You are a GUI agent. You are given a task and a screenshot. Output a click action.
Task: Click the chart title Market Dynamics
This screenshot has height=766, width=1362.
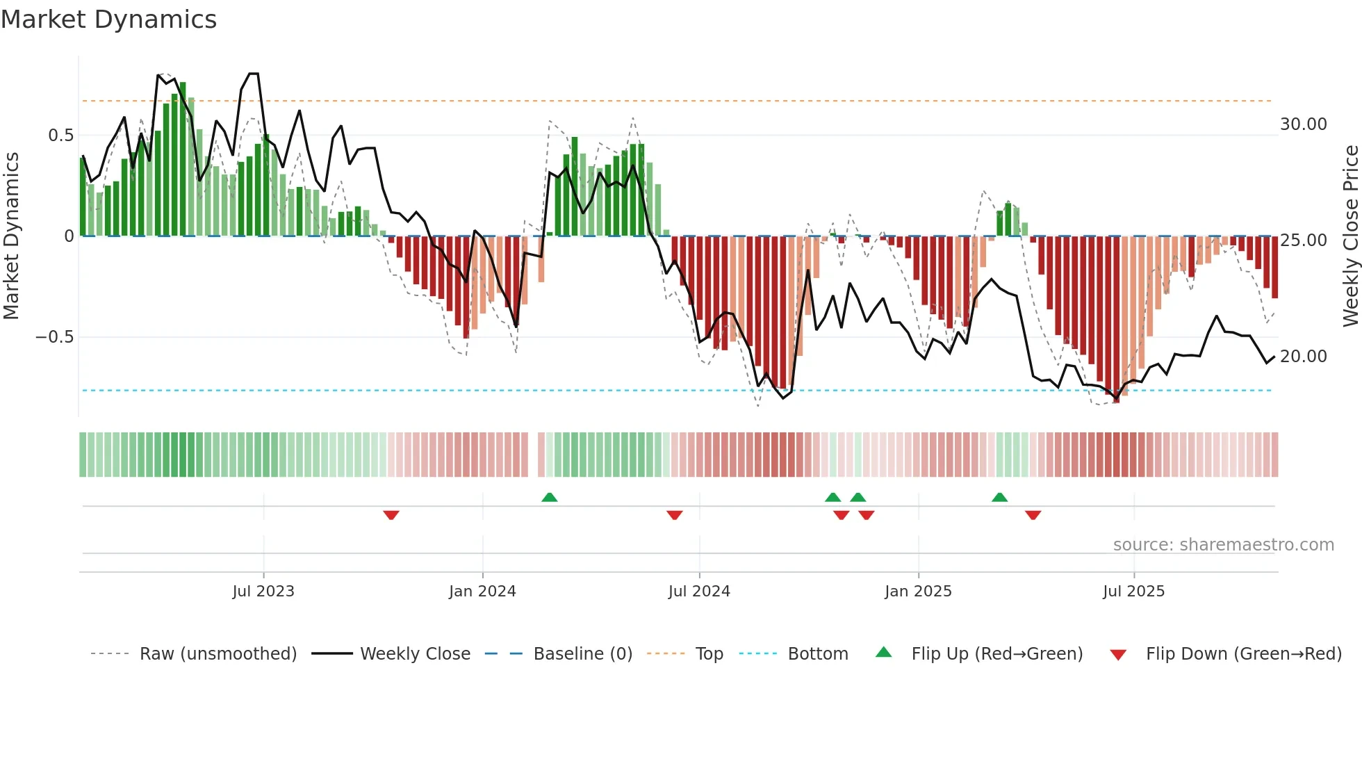pos(108,19)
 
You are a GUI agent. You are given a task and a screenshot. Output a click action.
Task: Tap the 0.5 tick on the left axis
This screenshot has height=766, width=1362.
pos(60,136)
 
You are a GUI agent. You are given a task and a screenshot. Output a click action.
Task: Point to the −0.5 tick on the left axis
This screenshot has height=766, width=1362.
pos(54,337)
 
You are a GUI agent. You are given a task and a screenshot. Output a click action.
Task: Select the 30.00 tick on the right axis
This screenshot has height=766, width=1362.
pos(1303,124)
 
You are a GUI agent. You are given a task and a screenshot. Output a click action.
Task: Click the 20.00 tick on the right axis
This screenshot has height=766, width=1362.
pos(1303,357)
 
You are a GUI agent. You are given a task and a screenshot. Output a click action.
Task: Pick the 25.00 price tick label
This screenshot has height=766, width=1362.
pos(1303,241)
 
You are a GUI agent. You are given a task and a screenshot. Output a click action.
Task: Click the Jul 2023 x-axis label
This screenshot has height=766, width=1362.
pos(263,592)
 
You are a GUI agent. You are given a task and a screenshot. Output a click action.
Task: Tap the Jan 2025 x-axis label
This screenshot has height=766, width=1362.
pos(918,592)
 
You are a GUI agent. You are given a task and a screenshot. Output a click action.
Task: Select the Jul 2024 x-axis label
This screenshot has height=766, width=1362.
pos(699,592)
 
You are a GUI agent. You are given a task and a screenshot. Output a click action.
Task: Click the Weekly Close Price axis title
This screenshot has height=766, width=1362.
pos(1350,236)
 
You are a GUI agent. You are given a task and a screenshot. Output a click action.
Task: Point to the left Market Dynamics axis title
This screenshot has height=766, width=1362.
pos(11,236)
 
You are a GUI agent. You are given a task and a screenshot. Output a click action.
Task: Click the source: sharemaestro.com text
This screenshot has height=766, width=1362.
pos(1223,545)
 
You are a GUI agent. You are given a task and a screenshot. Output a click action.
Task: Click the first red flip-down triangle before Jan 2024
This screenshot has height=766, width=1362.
pos(391,515)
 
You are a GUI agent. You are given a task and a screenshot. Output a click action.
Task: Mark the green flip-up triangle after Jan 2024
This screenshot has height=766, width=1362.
pos(549,497)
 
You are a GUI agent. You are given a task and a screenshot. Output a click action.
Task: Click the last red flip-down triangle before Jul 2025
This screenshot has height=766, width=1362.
pos(1033,515)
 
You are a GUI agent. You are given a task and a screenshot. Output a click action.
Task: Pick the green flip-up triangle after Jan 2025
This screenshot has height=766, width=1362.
pos(999,497)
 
